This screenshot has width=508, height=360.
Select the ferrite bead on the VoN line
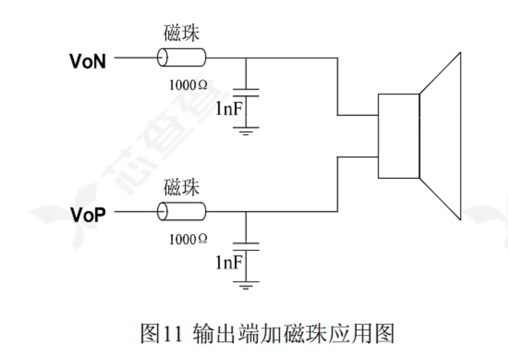click(181, 57)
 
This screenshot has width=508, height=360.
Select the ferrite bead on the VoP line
click(181, 210)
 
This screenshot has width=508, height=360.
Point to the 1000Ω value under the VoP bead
click(188, 238)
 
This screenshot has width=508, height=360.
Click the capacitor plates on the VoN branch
click(246, 93)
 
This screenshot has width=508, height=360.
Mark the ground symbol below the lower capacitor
click(246, 283)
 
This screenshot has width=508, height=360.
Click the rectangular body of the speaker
click(398, 135)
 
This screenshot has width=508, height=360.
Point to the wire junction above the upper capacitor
click(246, 58)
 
